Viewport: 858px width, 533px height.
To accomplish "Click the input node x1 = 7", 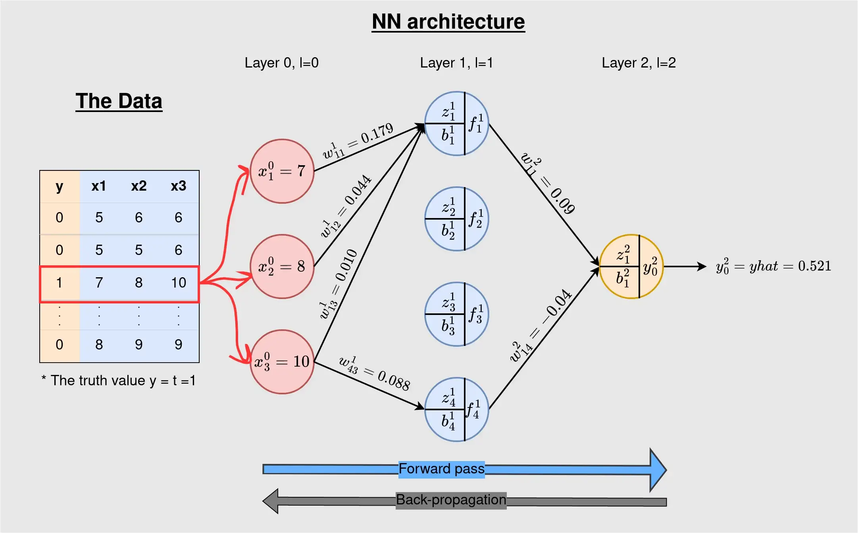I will pyautogui.click(x=282, y=171).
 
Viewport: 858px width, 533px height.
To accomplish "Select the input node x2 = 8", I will pyautogui.click(x=282, y=266).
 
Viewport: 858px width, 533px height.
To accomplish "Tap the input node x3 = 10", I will pyautogui.click(x=282, y=362).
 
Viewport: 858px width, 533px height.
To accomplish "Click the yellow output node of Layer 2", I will pyautogui.click(x=631, y=266).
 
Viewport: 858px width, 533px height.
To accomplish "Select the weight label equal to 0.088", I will pyautogui.click(x=375, y=373).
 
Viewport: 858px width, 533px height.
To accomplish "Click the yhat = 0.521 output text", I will pyautogui.click(x=773, y=266).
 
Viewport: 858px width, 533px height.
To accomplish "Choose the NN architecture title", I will pyautogui.click(x=448, y=22).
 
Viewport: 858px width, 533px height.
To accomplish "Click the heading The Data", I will pyautogui.click(x=119, y=101).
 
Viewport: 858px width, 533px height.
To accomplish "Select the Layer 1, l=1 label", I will pyautogui.click(x=456, y=63).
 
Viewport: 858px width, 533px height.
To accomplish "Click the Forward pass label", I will pyautogui.click(x=441, y=469).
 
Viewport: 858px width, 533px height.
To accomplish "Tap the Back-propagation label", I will pyautogui.click(x=451, y=500).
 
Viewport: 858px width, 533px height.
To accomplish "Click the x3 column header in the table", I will pyautogui.click(x=179, y=186).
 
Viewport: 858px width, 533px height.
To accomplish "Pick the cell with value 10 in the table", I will pyautogui.click(x=179, y=283).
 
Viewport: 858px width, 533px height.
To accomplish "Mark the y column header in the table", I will pyautogui.click(x=60, y=186).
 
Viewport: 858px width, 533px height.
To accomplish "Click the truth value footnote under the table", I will pyautogui.click(x=119, y=380).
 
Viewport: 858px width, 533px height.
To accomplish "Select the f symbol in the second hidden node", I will pyautogui.click(x=476, y=219).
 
